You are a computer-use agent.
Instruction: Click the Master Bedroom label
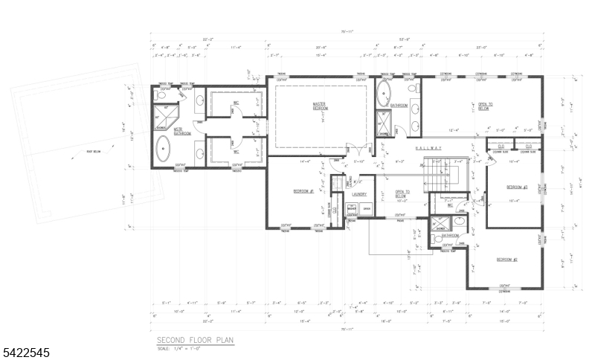(x=321, y=106)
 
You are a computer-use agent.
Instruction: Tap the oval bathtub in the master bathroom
(x=163, y=147)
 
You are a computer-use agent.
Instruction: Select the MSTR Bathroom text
(x=182, y=132)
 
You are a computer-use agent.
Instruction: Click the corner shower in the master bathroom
(x=161, y=115)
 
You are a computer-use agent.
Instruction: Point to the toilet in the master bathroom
(x=160, y=95)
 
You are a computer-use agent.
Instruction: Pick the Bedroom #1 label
(x=303, y=191)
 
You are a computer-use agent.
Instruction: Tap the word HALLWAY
(x=428, y=149)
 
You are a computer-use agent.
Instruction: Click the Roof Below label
(x=72, y=155)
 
